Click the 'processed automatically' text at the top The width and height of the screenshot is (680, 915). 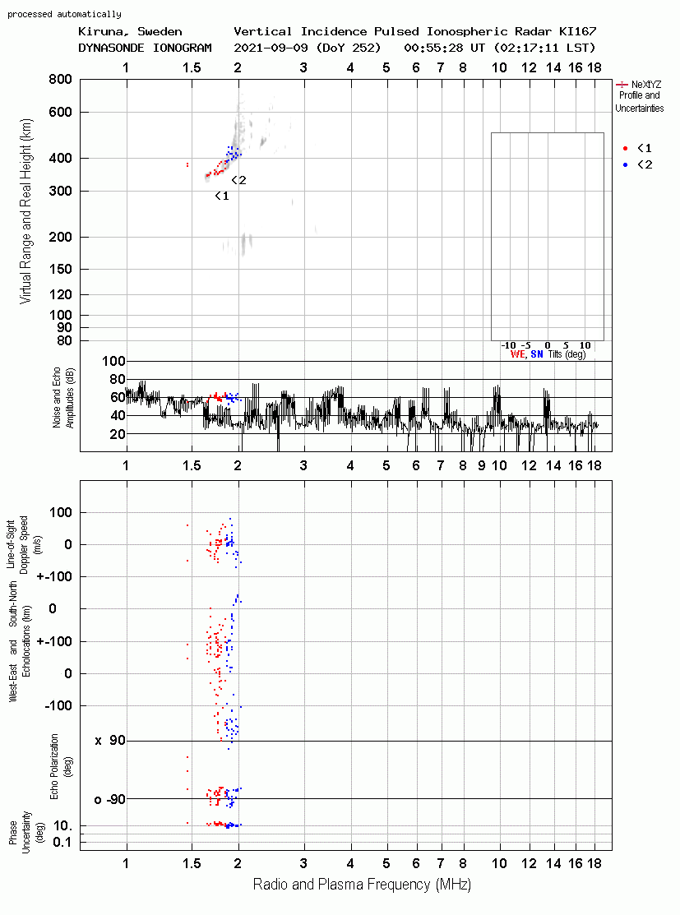click(64, 14)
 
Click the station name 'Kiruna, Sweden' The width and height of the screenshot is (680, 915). click(130, 31)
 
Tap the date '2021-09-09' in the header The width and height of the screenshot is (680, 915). click(271, 47)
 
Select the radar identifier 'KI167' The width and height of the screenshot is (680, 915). click(577, 31)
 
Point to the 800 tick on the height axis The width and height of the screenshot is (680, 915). click(60, 79)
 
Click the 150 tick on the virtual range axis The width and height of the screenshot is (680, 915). click(60, 269)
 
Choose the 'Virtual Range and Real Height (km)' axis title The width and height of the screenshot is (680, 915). click(25, 211)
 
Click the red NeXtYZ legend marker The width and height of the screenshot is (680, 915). click(622, 85)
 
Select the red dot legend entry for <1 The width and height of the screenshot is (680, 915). click(625, 148)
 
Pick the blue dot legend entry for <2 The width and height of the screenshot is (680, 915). click(625, 164)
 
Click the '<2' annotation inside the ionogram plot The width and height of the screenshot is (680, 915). click(238, 180)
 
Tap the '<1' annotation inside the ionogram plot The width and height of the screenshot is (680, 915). click(222, 196)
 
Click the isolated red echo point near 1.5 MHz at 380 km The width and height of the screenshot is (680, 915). click(187, 165)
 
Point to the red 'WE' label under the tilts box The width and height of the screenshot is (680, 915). click(517, 354)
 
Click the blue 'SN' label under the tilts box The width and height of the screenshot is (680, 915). click(536, 354)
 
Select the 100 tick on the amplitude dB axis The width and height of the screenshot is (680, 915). click(113, 361)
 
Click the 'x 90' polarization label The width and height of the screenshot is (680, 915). click(109, 741)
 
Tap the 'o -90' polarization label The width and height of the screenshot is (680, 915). click(109, 799)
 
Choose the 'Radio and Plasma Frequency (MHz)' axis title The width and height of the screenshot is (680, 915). click(362, 885)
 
